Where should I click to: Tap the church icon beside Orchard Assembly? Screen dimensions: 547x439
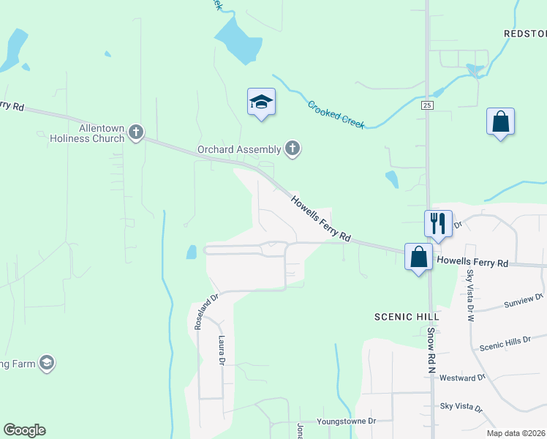(293, 149)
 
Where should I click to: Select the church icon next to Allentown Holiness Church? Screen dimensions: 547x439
(135, 132)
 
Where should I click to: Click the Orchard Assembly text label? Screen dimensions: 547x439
(239, 149)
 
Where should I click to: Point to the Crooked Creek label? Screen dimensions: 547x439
(336, 115)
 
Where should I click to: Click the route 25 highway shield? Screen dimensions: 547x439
(428, 106)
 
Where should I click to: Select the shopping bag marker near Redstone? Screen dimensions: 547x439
(500, 121)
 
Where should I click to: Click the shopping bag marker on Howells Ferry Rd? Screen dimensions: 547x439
(418, 258)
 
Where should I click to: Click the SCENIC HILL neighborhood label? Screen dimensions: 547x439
(406, 316)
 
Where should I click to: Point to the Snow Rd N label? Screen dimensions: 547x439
(431, 350)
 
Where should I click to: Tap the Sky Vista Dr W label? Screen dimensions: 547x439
(470, 296)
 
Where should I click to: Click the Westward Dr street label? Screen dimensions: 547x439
(462, 378)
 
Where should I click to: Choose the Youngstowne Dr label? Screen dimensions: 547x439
(346, 421)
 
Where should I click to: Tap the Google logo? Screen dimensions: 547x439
(24, 430)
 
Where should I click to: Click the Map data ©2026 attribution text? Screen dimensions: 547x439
(516, 433)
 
